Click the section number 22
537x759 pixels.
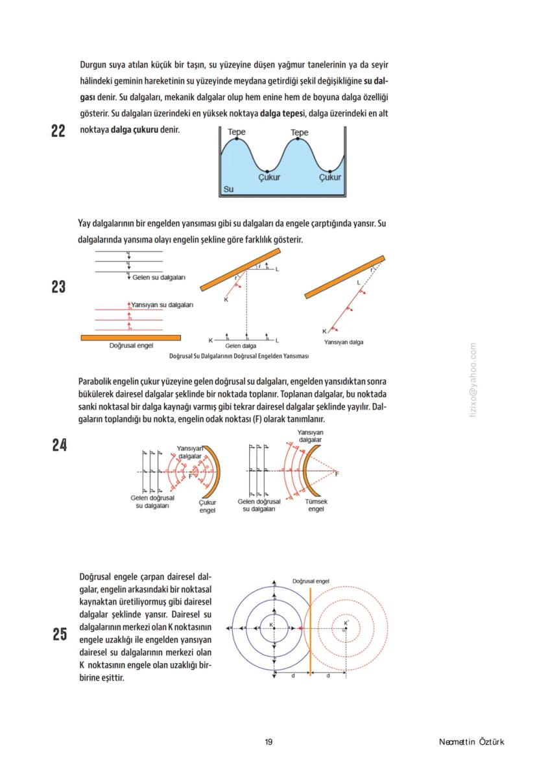(x=58, y=131)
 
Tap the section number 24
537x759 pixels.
(x=59, y=445)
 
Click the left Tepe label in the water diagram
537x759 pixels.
(x=237, y=132)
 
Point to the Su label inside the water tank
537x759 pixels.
(x=228, y=189)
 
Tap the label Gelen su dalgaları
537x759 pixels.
(x=159, y=277)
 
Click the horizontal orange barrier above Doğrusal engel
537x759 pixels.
(x=131, y=338)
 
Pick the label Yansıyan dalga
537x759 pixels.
(x=344, y=342)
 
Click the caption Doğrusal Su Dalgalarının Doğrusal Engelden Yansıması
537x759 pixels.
(x=238, y=356)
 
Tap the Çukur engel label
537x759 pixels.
(x=208, y=506)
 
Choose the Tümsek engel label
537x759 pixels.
(x=316, y=506)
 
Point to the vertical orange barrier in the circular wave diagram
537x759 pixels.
(x=311, y=629)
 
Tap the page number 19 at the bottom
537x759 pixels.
(x=268, y=742)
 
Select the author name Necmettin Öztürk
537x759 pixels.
(x=471, y=742)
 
